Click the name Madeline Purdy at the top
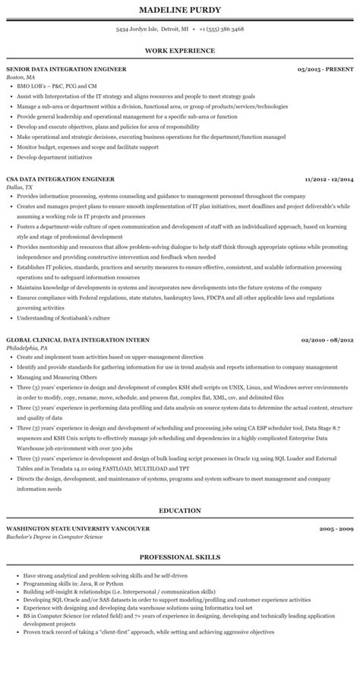coord(179,10)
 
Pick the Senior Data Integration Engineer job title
coord(66,69)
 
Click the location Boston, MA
coord(21,77)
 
